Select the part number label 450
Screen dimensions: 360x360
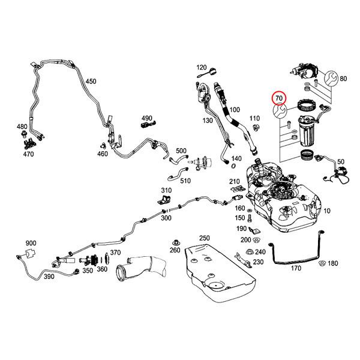[91, 81]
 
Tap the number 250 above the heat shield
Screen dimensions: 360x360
[205, 238]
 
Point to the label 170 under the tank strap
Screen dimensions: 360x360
[296, 269]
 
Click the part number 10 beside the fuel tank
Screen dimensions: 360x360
[327, 212]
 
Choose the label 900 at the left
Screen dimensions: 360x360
[31, 242]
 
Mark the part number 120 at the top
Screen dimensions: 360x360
[202, 67]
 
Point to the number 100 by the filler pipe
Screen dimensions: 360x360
[235, 110]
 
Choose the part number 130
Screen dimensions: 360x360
[208, 121]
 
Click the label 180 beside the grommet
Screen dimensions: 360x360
[333, 263]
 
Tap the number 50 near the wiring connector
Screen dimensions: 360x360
[341, 162]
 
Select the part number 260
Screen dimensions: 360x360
[175, 250]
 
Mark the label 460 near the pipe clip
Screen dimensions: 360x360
[103, 154]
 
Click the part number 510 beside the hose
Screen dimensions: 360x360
[185, 181]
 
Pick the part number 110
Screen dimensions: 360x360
[254, 118]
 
